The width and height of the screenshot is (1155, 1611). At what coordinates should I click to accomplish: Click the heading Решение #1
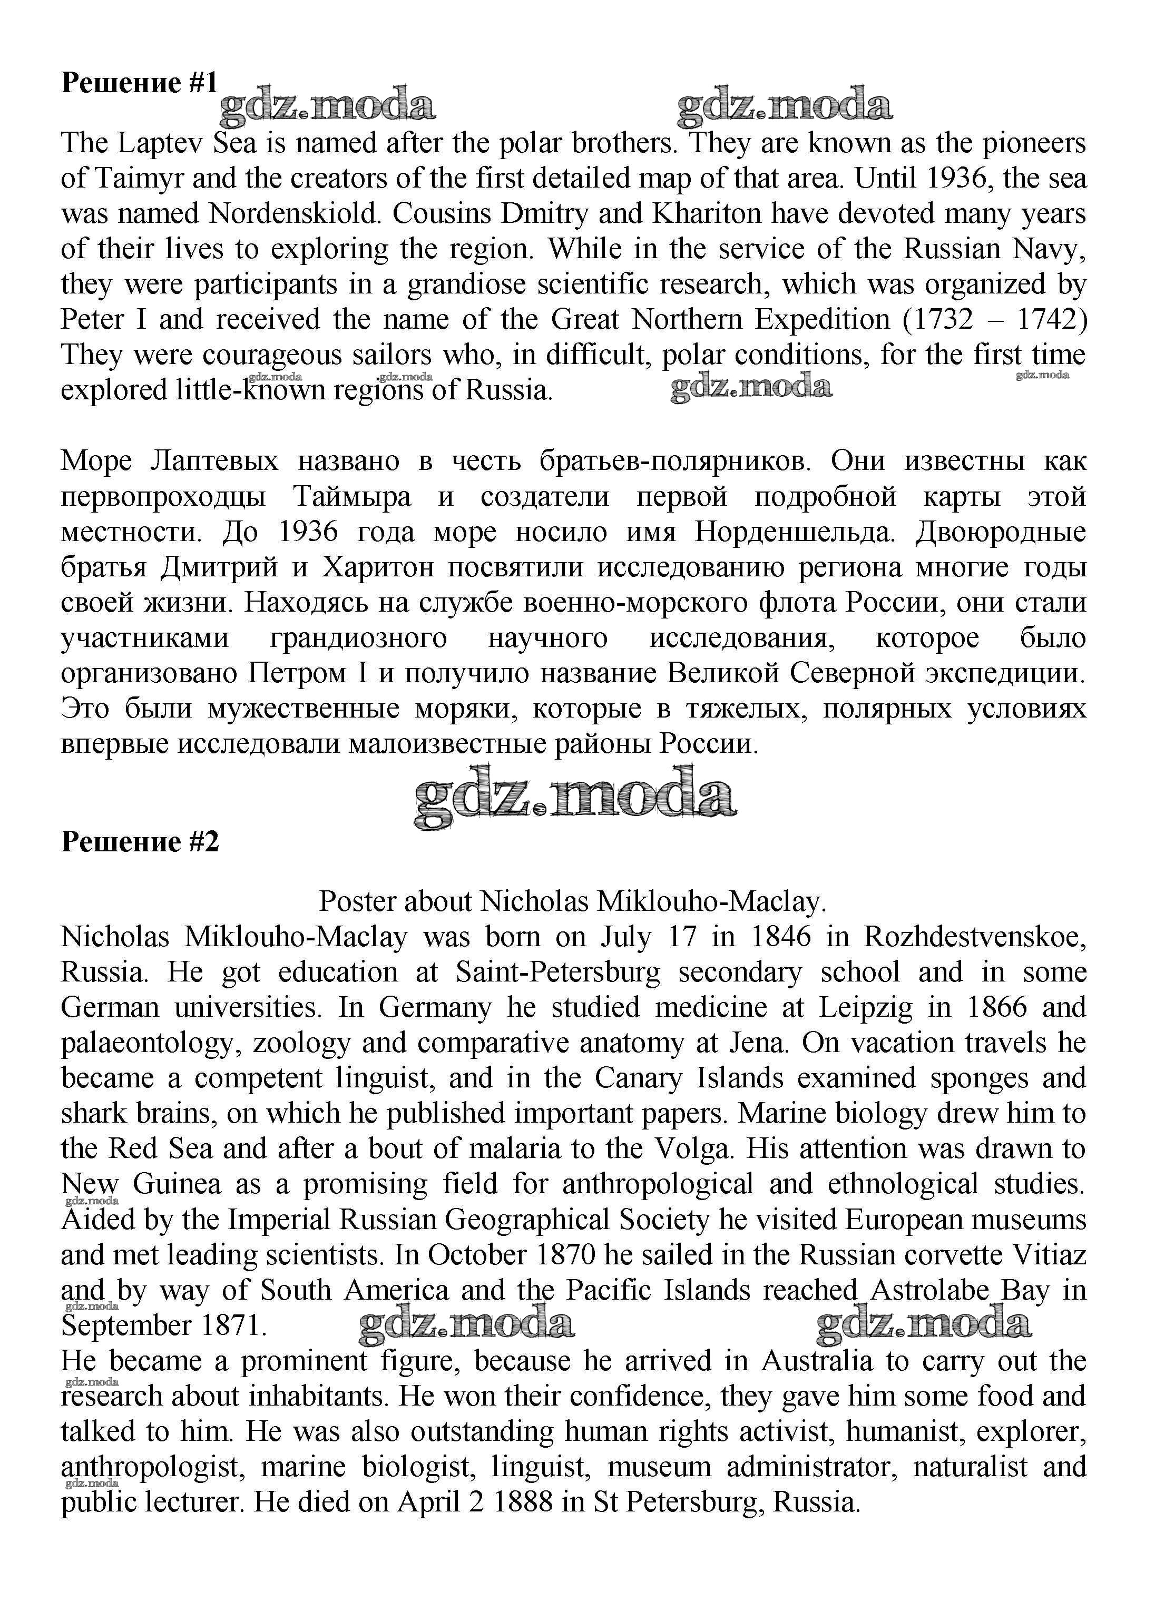[139, 83]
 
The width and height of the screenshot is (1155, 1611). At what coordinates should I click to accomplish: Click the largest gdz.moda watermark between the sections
[575, 797]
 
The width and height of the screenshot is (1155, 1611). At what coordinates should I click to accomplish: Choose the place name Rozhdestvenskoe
[975, 937]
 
